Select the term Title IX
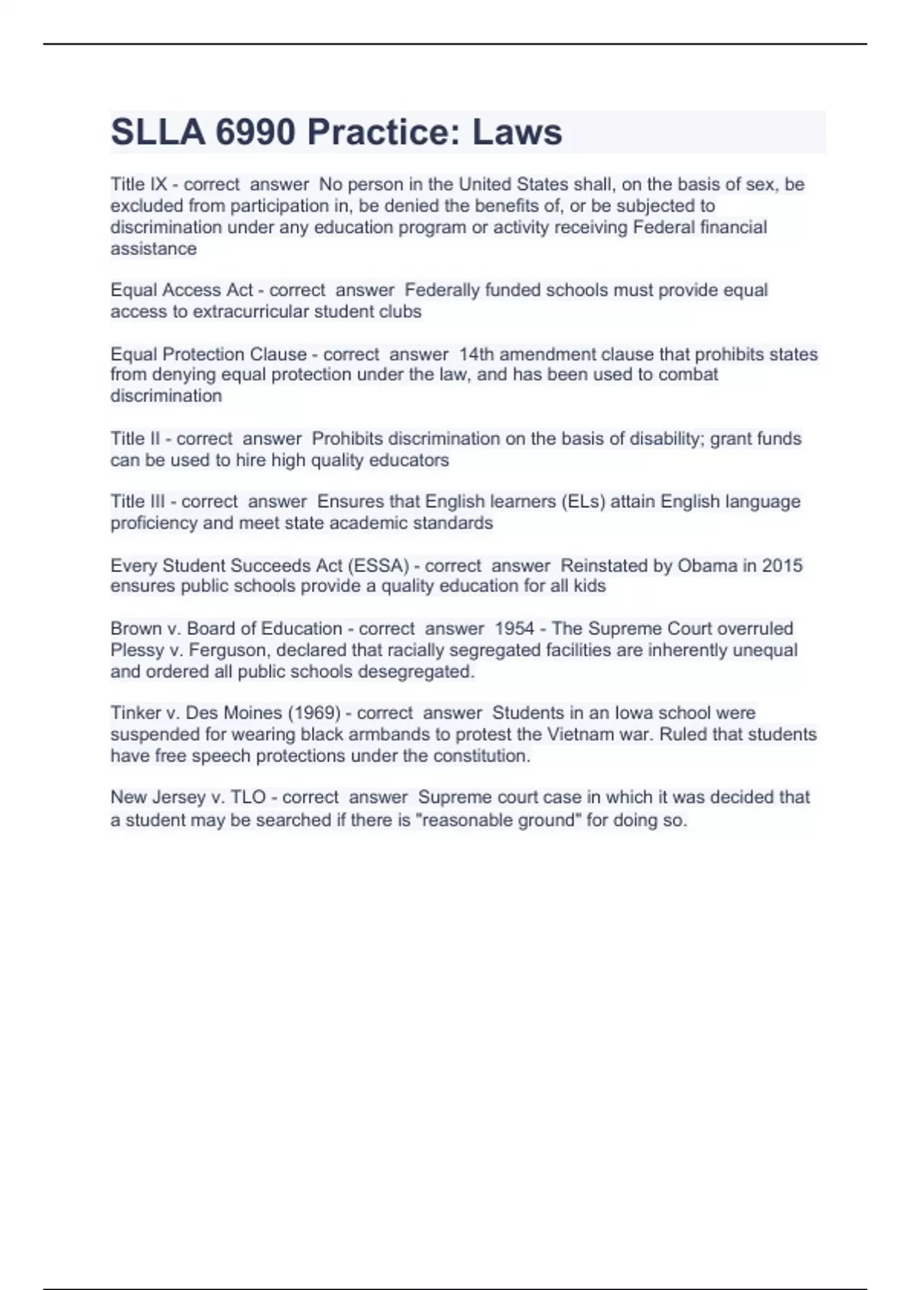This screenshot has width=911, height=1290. coord(138,184)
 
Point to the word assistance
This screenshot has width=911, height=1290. coord(153,249)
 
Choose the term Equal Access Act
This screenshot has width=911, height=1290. coord(181,291)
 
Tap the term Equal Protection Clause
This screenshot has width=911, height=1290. coord(208,354)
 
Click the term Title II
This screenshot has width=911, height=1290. coord(135,439)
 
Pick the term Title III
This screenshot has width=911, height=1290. coord(137,502)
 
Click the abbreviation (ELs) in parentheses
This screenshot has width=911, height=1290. coord(582,502)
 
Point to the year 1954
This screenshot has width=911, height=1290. coord(514,629)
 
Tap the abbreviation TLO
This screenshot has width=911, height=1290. coord(248,798)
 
